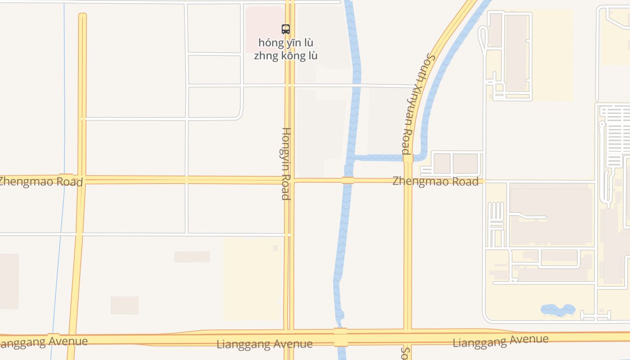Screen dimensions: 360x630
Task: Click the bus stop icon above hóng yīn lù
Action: pyautogui.click(x=286, y=29)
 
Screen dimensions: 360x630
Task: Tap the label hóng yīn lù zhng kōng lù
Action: pyautogui.click(x=286, y=49)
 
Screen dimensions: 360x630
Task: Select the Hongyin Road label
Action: pyautogui.click(x=286, y=163)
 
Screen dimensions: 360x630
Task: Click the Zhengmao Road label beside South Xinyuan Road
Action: pyautogui.click(x=435, y=181)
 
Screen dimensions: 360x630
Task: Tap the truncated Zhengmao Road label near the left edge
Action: pyautogui.click(x=40, y=181)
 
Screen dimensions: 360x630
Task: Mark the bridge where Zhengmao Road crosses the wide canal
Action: pyautogui.click(x=347, y=180)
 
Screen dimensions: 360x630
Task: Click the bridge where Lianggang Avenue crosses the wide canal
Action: pyautogui.click(x=341, y=337)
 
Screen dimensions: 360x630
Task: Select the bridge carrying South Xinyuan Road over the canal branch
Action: pyautogui.click(x=408, y=158)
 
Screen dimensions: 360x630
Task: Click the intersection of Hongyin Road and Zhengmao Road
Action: pyautogui.click(x=289, y=180)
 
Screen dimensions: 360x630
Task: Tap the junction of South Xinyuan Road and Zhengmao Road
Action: pyautogui.click(x=408, y=181)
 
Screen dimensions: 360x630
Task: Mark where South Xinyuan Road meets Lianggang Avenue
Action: pyautogui.click(x=408, y=336)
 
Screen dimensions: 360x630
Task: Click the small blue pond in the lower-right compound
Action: pyautogui.click(x=558, y=310)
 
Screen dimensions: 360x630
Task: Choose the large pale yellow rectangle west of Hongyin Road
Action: pyautogui.click(x=253, y=279)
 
